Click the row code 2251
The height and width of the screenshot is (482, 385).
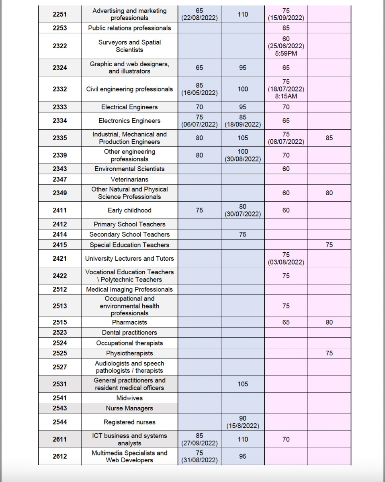(59, 14)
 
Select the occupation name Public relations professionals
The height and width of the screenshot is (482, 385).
(129, 28)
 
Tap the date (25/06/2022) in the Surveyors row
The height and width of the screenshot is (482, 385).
(286, 46)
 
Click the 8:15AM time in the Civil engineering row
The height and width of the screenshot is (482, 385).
(286, 96)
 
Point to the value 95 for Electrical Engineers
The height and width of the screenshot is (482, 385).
(243, 107)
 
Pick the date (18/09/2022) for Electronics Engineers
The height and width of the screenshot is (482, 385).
(243, 125)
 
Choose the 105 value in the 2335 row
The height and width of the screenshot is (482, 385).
(243, 138)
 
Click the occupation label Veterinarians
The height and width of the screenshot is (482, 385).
(129, 180)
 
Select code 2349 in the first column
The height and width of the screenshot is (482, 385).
(59, 193)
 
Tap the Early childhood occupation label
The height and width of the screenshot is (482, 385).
(129, 210)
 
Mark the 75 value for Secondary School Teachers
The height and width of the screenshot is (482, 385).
(243, 235)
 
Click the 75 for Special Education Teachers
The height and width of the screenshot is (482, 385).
(329, 245)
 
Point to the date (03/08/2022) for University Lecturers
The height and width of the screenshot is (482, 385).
(286, 262)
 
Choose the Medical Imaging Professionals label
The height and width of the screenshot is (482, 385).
(129, 289)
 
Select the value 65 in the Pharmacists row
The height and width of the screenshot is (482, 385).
(286, 322)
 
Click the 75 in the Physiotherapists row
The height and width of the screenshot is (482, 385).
(329, 353)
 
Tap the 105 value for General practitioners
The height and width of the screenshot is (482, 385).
(243, 384)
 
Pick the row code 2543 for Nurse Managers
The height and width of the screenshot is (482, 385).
(59, 408)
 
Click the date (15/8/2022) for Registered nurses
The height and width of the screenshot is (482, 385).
(243, 426)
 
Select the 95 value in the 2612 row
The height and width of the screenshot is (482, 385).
(243, 456)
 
